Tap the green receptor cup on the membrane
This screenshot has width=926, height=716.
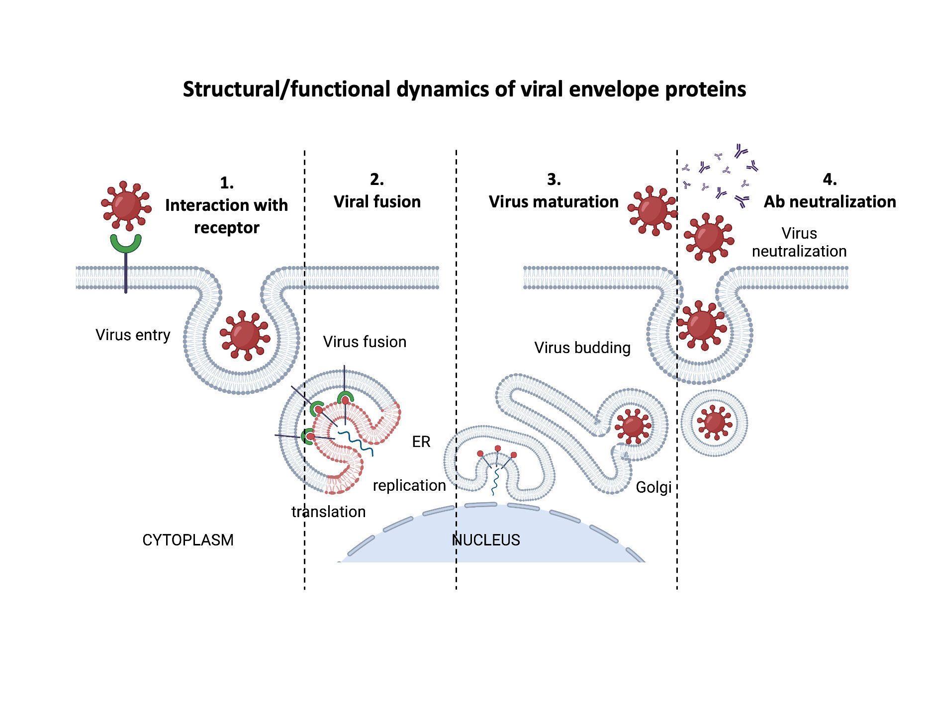pos(125,243)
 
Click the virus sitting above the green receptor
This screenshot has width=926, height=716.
pos(126,205)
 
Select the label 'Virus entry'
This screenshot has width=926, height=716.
pos(133,335)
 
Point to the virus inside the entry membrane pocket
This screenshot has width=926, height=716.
pos(244,335)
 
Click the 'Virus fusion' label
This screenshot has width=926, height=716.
pos(365,342)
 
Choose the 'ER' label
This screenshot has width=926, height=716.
pos(421,442)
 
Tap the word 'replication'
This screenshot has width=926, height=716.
pos(409,485)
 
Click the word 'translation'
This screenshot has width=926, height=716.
pos(328,512)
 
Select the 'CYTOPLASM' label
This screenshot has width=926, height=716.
pos(187,540)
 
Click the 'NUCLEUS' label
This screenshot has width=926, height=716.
pos(486,540)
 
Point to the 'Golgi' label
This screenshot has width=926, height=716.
pos(653,487)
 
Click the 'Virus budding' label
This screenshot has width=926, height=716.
pos(582,348)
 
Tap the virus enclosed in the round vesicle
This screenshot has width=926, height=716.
pos(714,423)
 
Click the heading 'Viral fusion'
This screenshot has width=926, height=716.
pos(377,201)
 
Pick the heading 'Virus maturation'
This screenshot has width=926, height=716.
pos(554,201)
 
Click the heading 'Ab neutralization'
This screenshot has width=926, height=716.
pos(830,201)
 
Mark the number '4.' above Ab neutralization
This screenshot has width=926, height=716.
pos(830,179)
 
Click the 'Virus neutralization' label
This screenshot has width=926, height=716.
pos(799,242)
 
